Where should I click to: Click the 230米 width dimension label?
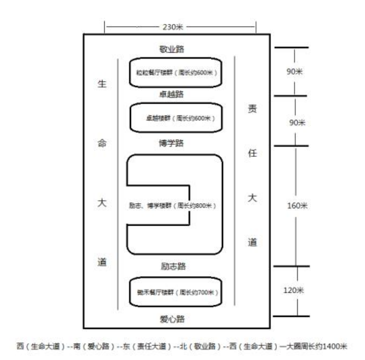(172, 26)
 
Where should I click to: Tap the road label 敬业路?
(172, 49)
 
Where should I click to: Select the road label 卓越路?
(172, 95)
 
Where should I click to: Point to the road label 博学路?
(172, 142)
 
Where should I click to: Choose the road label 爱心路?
(172, 317)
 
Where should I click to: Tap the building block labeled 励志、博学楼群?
(173, 205)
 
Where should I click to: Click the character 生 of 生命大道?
(102, 85)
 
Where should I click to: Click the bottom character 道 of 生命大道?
(102, 262)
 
